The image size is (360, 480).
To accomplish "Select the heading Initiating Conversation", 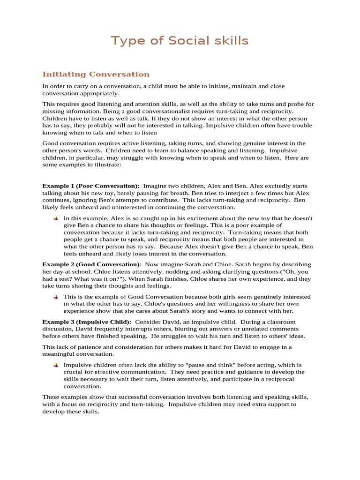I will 96,74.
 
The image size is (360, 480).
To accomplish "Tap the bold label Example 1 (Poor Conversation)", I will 91,186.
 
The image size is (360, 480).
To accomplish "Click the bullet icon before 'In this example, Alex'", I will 56,218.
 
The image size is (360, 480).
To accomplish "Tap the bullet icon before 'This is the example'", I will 56,297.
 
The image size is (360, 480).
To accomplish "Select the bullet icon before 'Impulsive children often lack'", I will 56,365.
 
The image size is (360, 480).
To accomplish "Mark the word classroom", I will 279,322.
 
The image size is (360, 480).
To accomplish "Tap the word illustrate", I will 94,165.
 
